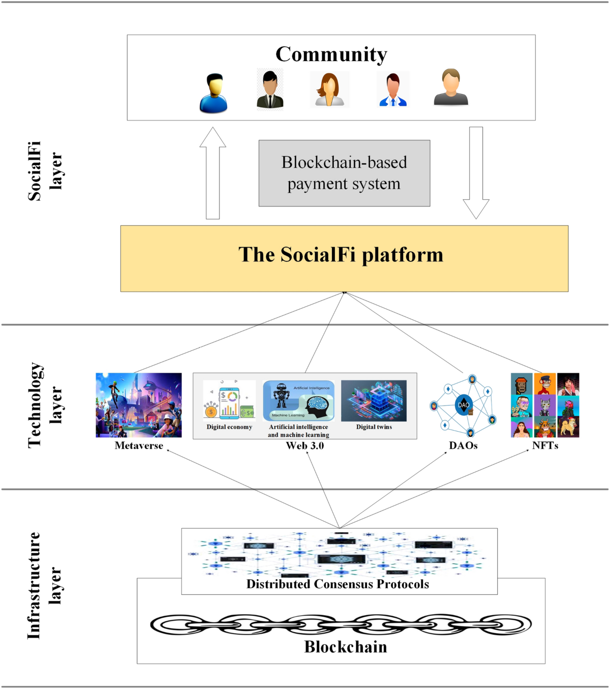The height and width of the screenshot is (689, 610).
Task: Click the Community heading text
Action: (331, 54)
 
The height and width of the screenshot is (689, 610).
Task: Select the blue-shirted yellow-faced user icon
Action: (213, 93)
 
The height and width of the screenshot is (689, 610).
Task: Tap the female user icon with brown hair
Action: (329, 89)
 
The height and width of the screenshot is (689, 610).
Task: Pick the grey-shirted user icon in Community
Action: (451, 87)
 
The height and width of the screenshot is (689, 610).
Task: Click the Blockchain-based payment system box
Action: (344, 173)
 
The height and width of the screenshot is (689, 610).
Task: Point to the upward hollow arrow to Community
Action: (212, 173)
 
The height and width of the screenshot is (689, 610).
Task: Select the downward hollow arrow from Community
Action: (476, 173)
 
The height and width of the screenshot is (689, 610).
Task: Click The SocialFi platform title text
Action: (341, 255)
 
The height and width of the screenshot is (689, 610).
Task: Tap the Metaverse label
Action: (139, 446)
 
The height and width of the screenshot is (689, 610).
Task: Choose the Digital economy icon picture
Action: (229, 401)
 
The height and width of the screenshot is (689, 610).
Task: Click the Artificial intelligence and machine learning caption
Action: (298, 431)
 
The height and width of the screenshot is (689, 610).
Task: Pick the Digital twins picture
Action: (374, 401)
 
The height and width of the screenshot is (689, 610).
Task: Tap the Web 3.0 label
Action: (304, 446)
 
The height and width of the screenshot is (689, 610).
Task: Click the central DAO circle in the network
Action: (463, 405)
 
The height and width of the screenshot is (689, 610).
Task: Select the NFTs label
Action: (545, 446)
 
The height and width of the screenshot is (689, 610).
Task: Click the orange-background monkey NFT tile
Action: (545, 384)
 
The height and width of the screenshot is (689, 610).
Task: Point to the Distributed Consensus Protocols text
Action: (338, 584)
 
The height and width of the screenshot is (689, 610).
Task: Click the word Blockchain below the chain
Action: (346, 647)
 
